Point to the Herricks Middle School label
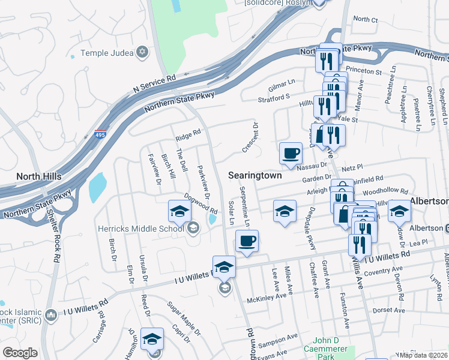click(x=140, y=227)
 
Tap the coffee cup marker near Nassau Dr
click(x=291, y=153)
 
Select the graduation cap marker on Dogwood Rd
click(x=179, y=211)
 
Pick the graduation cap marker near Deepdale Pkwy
click(x=285, y=211)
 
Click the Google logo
click(x=20, y=353)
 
